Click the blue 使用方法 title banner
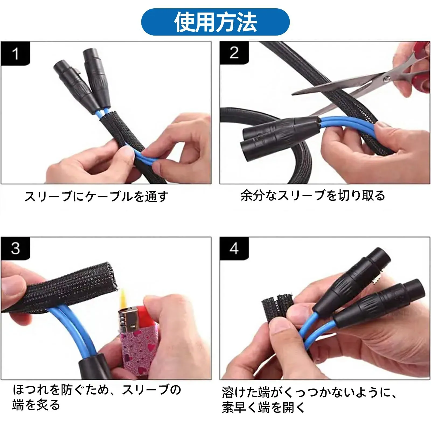[x=215, y=22]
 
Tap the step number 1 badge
[x=15, y=54]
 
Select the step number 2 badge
[x=234, y=53]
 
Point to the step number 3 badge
[x=15, y=248]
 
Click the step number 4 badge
[x=234, y=248]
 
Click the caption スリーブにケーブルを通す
[x=96, y=196]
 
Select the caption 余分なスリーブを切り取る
[x=313, y=196]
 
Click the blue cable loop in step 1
[x=147, y=157]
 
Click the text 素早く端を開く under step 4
[x=263, y=408]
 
